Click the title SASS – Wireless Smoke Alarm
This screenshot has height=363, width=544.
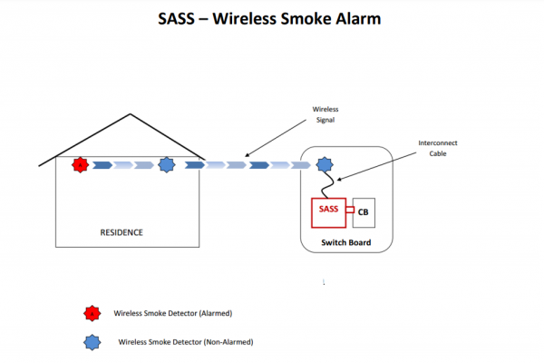coord(271,17)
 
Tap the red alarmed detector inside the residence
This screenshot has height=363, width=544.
coord(80,165)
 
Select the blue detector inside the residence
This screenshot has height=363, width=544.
coord(166,165)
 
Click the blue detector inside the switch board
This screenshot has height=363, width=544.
coord(324,165)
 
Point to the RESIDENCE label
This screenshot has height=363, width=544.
coord(121,232)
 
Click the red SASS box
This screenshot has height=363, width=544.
coord(328,211)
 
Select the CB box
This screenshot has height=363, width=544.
coord(364,212)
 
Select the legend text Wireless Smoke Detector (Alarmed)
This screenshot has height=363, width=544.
coord(173,313)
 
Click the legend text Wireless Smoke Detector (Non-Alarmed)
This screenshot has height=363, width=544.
coord(185,342)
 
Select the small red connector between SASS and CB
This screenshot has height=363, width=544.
coord(348,214)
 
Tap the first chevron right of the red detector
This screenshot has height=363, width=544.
coord(102,165)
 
